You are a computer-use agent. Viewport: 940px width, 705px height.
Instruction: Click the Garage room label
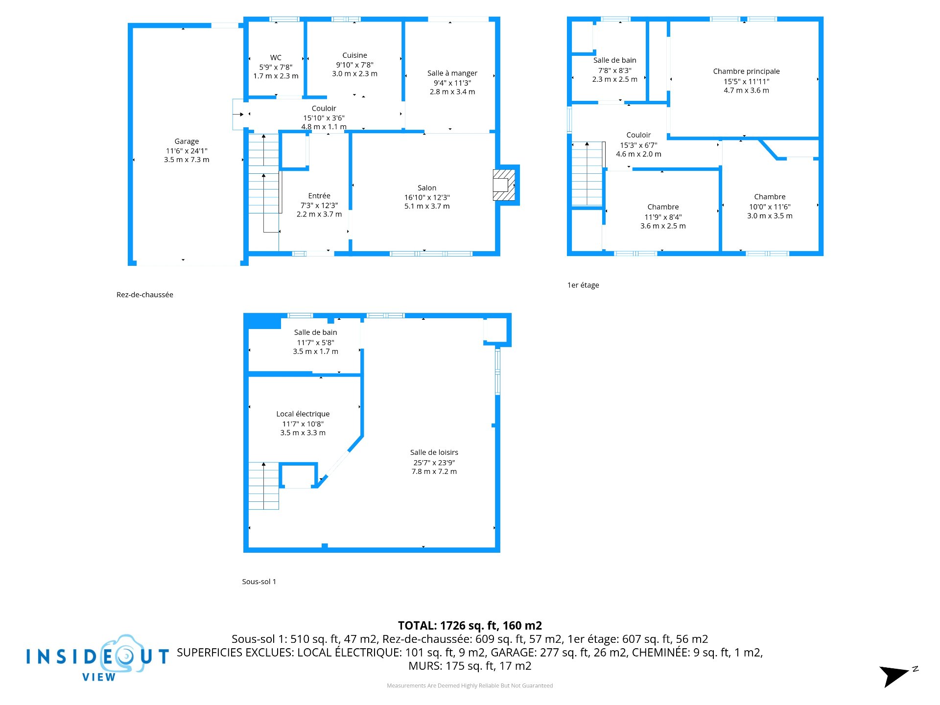tap(187, 141)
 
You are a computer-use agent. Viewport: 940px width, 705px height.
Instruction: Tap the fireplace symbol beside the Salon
tap(504, 185)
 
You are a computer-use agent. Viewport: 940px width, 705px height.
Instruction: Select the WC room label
tap(276, 58)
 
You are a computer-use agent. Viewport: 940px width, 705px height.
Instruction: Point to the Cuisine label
tap(354, 55)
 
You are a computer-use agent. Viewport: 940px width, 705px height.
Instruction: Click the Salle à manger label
tap(452, 73)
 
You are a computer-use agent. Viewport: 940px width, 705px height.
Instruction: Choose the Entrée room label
tap(319, 196)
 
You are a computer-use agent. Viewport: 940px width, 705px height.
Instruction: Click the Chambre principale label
tap(746, 71)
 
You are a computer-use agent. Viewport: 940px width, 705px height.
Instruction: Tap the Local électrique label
tap(303, 414)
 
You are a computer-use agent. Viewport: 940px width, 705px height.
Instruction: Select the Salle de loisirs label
tap(434, 452)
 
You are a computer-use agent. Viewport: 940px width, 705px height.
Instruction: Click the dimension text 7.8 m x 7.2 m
tap(434, 471)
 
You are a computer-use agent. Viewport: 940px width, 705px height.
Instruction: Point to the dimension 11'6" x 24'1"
tap(187, 151)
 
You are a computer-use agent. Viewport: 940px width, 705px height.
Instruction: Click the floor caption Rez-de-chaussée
tap(145, 295)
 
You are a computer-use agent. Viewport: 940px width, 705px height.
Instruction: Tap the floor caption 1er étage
tap(583, 285)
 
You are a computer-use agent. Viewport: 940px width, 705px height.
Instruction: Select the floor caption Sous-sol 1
tap(259, 582)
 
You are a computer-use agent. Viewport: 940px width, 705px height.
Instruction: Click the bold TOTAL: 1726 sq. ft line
tap(470, 626)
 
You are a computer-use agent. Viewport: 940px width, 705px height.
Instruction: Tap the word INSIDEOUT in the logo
tap(98, 656)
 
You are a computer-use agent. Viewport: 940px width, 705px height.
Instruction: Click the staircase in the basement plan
tap(263, 486)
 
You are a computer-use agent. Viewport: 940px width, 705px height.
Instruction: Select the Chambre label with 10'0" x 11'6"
tap(770, 197)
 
